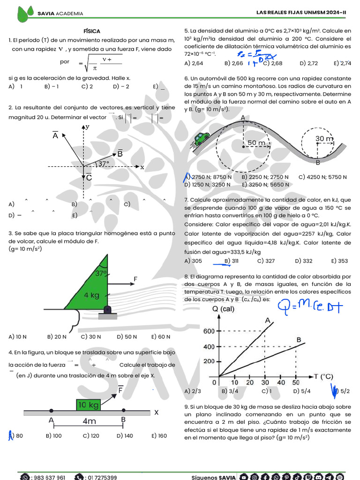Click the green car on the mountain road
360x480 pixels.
coord(202,138)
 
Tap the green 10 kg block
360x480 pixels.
coord(89,405)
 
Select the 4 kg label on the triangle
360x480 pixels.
coord(92,295)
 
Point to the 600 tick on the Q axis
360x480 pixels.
coord(209,331)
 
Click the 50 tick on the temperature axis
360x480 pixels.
coord(296,382)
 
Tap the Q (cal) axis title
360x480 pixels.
coord(224,309)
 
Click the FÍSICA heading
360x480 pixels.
coord(92,31)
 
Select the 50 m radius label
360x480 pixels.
coord(256,142)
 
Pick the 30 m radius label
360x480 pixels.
coord(324,139)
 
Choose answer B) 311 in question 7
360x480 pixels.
coord(232,261)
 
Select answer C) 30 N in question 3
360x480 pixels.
coord(91,337)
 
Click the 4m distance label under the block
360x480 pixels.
coord(89,421)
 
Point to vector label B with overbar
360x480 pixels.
coord(120,153)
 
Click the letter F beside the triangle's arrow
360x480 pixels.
coord(135,279)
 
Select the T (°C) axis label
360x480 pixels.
coord(323,376)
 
